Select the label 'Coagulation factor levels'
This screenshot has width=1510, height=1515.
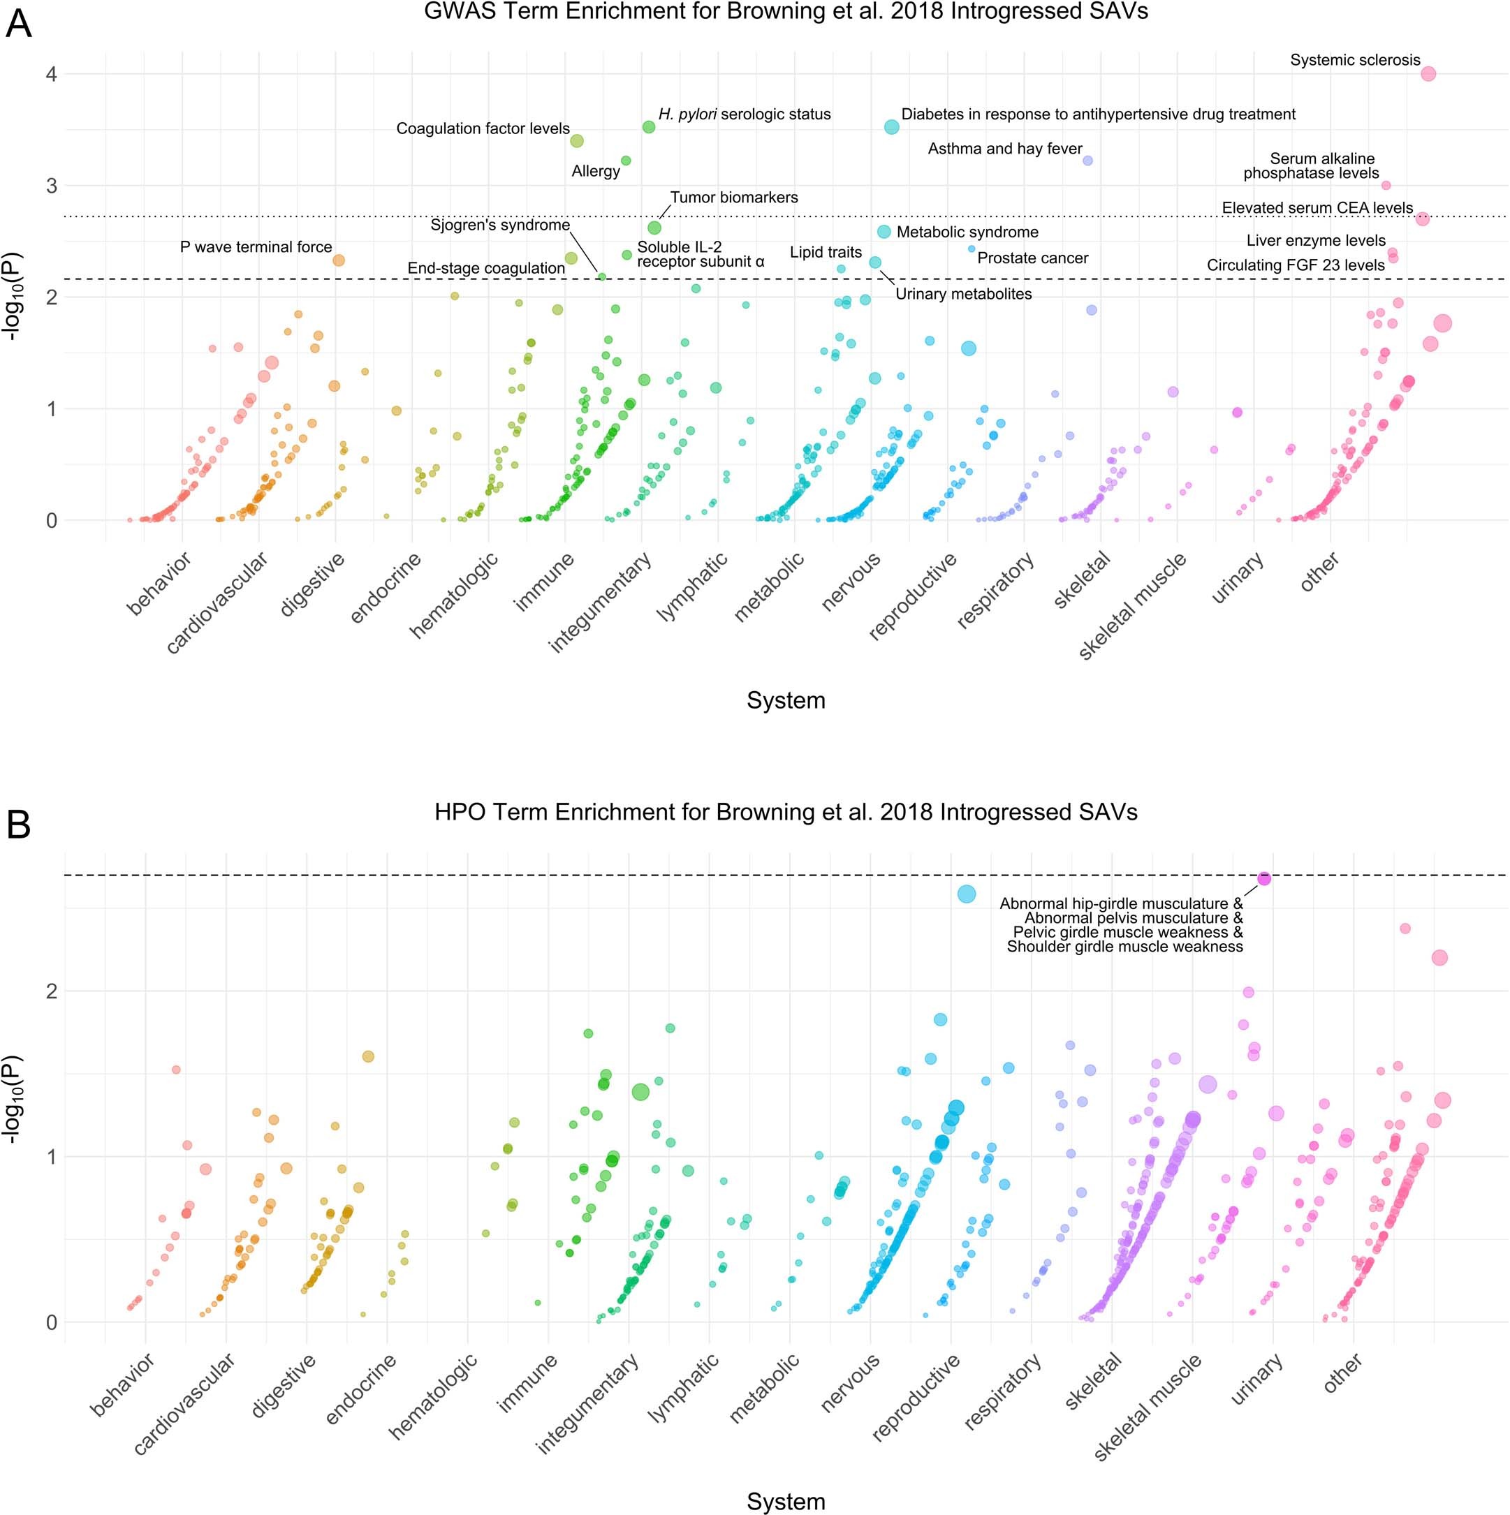coord(483,128)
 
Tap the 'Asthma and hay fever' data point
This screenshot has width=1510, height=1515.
coord(1087,161)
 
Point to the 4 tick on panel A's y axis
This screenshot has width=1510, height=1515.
coord(52,75)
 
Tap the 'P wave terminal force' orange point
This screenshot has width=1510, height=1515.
coord(339,260)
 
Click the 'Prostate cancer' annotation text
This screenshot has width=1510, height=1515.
coord(1032,259)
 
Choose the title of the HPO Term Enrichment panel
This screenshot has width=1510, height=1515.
coord(785,811)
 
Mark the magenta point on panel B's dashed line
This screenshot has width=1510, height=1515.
coord(1263,879)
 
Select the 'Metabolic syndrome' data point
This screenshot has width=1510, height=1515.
coord(884,231)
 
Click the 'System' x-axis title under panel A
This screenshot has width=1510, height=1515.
coord(785,700)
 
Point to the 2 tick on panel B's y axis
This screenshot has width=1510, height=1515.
coord(52,991)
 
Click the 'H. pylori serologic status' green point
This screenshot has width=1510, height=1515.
coord(649,127)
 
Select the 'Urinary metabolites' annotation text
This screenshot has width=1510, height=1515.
coord(963,295)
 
